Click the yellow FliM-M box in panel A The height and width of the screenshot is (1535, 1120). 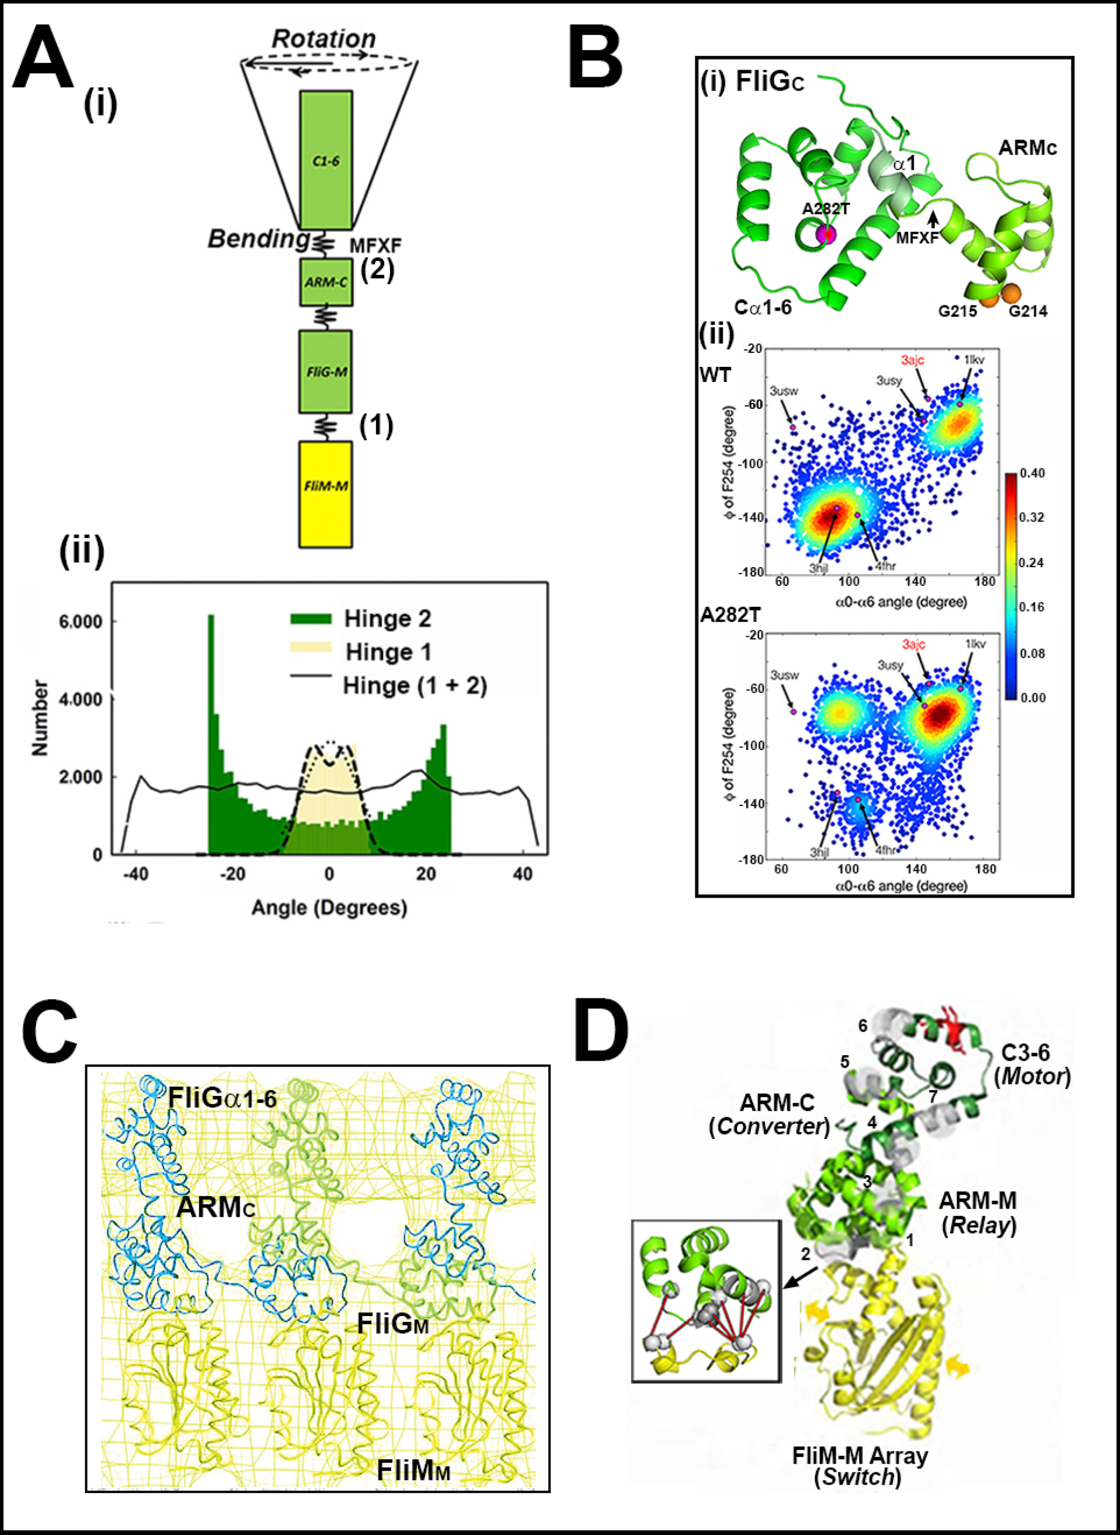click(x=325, y=494)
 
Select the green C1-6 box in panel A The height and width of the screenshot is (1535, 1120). click(x=325, y=160)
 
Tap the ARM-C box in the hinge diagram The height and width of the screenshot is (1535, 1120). click(x=325, y=282)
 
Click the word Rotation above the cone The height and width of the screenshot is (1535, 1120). click(x=324, y=39)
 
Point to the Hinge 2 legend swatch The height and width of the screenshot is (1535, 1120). click(x=311, y=619)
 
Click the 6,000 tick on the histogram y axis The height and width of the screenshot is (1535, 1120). click(x=81, y=621)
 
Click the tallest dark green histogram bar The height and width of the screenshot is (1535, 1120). click(x=211, y=732)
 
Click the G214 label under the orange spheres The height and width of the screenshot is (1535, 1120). click(x=1028, y=311)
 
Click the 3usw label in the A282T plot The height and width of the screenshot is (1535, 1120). click(x=784, y=675)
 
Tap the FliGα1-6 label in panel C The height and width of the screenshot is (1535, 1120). click(x=222, y=1097)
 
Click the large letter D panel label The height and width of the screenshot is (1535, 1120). click(x=601, y=1033)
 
